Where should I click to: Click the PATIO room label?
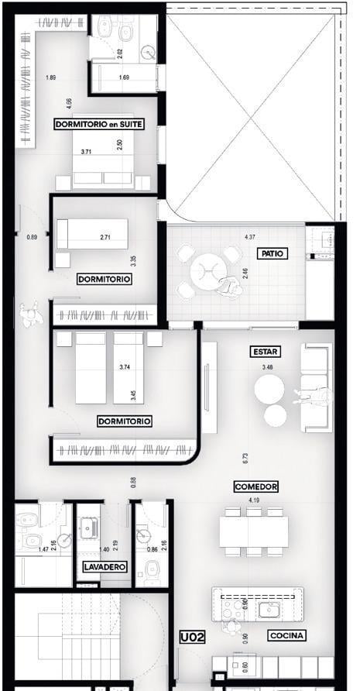tap(273, 253)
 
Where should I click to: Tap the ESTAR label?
tap(266, 352)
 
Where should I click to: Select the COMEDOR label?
tap(256, 486)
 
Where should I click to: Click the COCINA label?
tap(287, 635)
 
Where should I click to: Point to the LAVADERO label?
tap(106, 567)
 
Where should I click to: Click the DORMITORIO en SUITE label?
tap(98, 124)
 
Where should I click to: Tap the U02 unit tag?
tap(193, 637)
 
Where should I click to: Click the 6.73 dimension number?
tap(245, 458)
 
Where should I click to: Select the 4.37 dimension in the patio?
tap(250, 237)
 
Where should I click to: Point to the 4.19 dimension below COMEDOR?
tap(254, 500)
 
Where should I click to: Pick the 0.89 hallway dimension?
tap(32, 237)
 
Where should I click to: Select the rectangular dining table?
tap(254, 531)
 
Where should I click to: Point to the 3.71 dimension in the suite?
tap(87, 152)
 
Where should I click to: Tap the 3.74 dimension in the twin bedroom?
tap(125, 366)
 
